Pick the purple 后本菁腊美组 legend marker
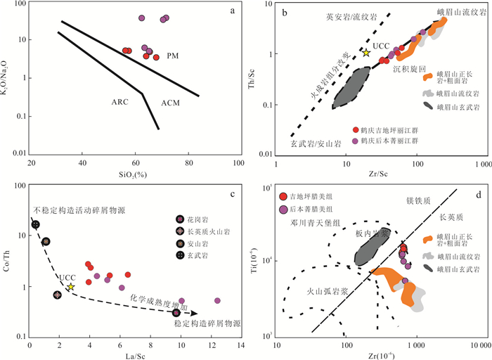coord(284,209)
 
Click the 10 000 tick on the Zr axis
coord(478,347)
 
